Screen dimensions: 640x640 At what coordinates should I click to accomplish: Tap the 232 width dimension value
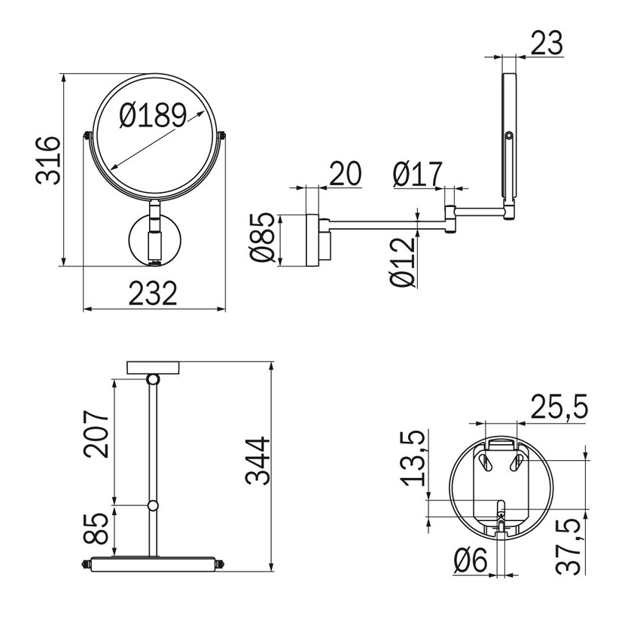(x=153, y=293)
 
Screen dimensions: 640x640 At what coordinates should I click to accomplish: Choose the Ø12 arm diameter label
(x=403, y=261)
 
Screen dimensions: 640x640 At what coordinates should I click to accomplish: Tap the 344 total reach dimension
(x=258, y=461)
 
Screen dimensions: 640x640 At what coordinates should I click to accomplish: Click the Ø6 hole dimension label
(x=471, y=561)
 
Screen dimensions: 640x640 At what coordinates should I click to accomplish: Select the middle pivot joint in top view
(x=153, y=505)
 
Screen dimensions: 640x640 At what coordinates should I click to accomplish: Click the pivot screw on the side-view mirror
(x=510, y=136)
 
